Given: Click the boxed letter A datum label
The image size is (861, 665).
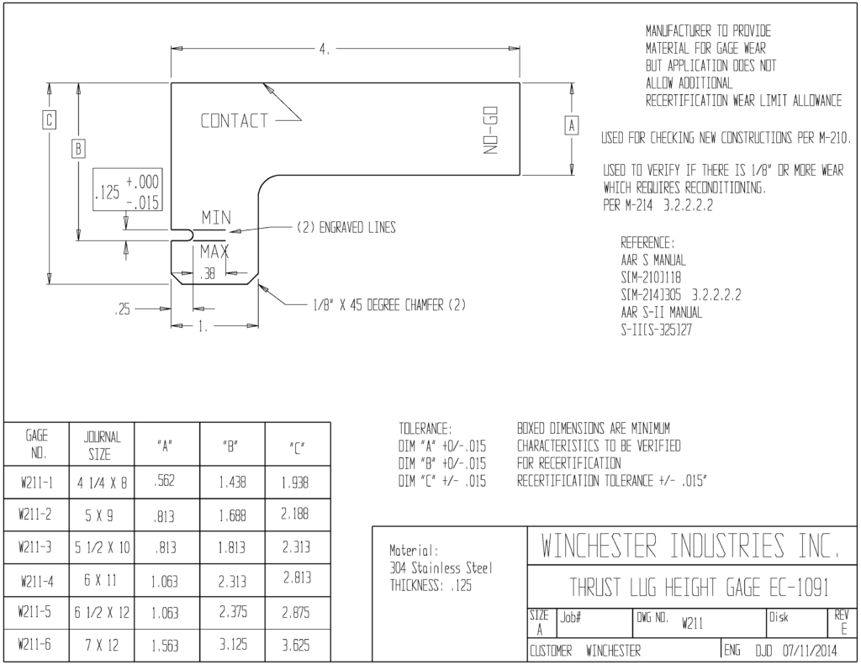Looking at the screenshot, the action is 572,126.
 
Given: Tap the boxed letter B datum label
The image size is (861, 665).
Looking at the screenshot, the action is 78,149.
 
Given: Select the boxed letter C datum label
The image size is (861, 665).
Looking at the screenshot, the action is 49,119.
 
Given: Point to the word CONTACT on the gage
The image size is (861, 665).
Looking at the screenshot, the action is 235,120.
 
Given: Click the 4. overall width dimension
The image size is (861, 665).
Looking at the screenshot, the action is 325,49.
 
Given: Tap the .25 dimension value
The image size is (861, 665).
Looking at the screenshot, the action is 123,309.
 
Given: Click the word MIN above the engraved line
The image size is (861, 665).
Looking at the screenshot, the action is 216,218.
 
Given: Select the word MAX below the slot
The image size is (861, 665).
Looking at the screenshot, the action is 214,252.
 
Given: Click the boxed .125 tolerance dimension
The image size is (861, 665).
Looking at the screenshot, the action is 128,190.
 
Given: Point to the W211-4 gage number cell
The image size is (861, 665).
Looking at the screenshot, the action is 37,581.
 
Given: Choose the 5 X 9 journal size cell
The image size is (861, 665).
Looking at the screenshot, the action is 101,515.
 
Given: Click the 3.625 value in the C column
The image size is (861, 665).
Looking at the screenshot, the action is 295,645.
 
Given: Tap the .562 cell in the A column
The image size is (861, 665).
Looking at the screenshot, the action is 164,481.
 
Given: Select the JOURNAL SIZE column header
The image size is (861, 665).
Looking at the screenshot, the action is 101,446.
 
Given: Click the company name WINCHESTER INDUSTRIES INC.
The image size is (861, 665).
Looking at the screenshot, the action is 690,546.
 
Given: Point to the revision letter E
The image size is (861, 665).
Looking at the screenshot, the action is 844,630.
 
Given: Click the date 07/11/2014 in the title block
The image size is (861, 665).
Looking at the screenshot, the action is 810,652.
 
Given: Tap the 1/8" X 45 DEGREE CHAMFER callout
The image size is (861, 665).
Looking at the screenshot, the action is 389,305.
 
